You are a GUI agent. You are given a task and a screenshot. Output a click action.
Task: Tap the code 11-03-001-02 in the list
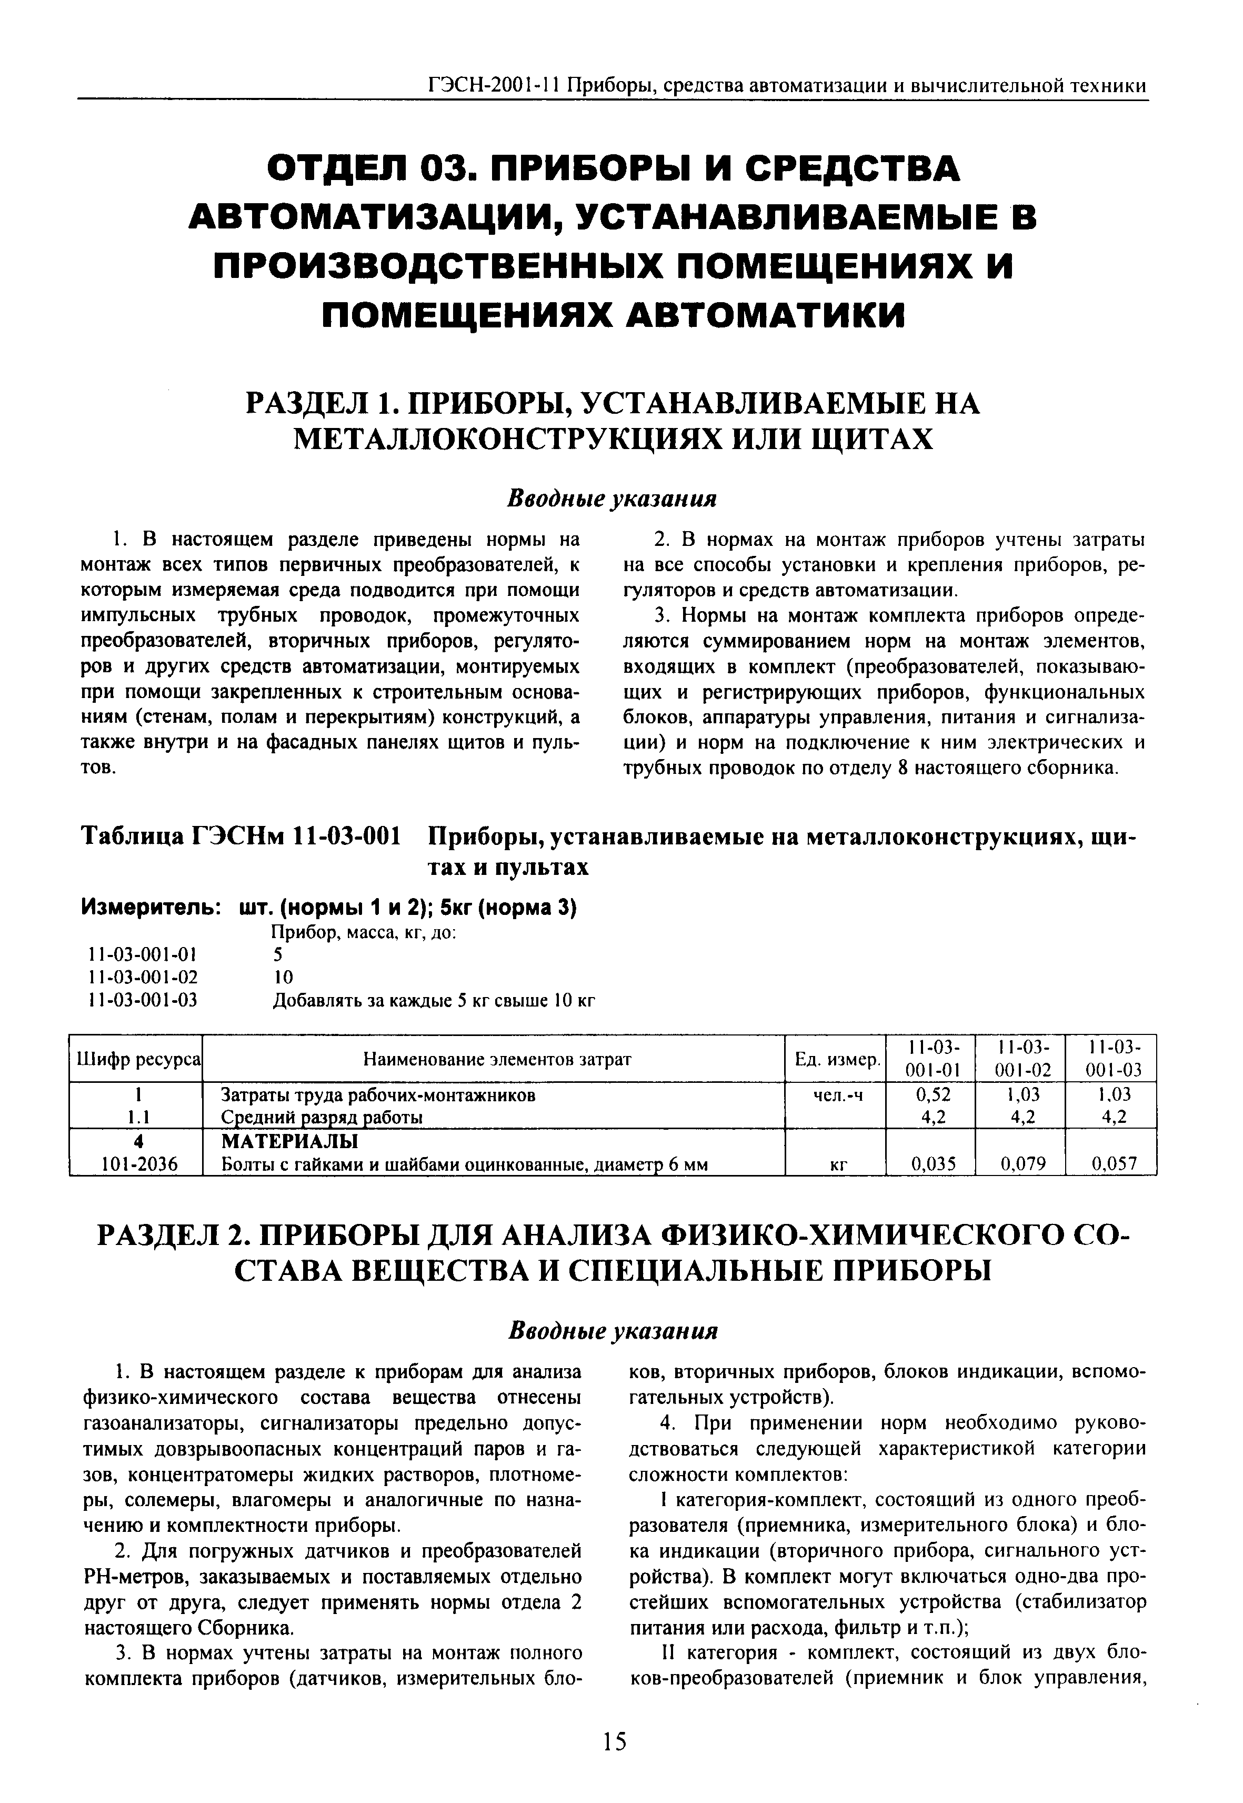click(x=142, y=977)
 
